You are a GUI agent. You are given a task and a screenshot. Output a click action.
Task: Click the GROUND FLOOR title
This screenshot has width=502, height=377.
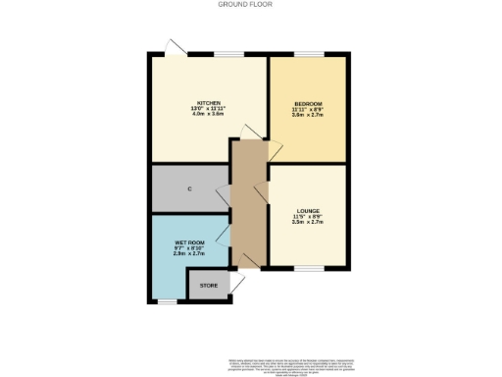(250, 5)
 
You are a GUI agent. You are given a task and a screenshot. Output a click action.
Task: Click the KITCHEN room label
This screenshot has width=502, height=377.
(208, 102)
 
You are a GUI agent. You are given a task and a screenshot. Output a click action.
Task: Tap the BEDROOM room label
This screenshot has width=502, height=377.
(307, 103)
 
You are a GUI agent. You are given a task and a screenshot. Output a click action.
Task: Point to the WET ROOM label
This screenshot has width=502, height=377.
(188, 241)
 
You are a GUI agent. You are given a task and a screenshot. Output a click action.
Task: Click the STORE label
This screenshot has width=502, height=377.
(208, 286)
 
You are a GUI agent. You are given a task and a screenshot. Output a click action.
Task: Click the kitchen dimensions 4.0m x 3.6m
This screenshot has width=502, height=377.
(208, 114)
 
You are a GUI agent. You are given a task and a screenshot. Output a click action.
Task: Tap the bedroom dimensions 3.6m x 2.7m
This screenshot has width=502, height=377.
(307, 115)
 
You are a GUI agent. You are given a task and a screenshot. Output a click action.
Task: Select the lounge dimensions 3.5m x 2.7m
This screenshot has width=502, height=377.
(307, 222)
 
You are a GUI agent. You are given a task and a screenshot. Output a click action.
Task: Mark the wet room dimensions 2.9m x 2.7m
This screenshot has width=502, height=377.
(188, 253)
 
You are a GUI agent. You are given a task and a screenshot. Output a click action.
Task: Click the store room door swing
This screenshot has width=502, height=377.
(236, 284)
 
